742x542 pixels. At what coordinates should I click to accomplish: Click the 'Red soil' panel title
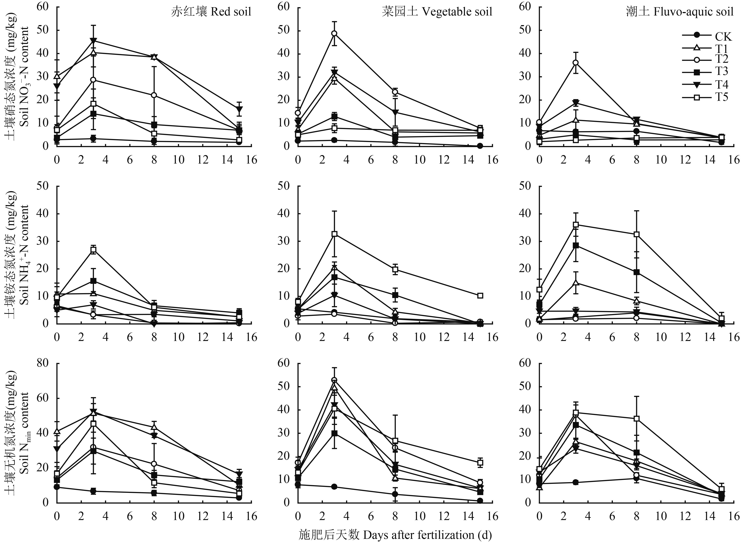tap(211, 12)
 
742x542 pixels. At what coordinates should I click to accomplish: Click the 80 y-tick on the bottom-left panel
tap(44, 363)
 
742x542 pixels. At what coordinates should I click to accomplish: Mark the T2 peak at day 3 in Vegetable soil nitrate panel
tap(334, 33)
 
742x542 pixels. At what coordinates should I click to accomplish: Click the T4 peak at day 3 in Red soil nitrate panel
tap(93, 41)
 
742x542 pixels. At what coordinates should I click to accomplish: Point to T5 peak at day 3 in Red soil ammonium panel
tap(93, 250)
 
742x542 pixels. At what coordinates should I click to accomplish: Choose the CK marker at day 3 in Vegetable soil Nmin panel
tap(334, 487)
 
